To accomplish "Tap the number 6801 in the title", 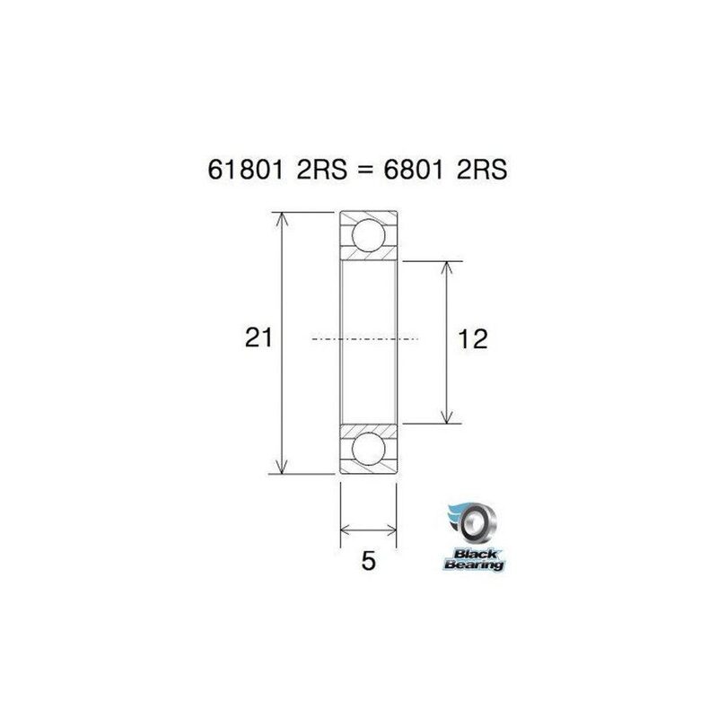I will [409, 170].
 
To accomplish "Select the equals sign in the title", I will [355, 171].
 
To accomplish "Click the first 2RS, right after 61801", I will [311, 170].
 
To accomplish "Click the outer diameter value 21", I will [259, 339].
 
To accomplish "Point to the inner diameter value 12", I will [472, 339].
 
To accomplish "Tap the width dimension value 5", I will [367, 563].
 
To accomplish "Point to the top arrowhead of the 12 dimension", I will [446, 267].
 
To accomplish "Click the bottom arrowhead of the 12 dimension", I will [446, 416].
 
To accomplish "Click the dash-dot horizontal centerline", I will [363, 339].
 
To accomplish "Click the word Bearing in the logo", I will [473, 565].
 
